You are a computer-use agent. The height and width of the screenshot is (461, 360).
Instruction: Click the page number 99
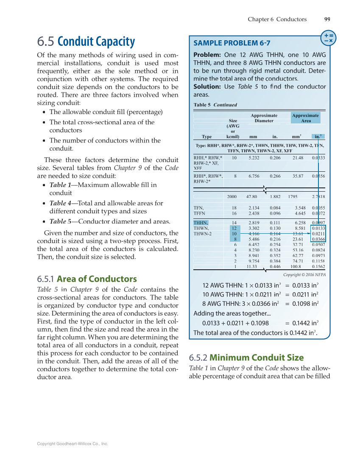(327, 19)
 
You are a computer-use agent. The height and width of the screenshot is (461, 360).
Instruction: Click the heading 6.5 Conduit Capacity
(86, 42)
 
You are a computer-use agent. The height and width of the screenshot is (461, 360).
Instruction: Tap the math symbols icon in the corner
(328, 38)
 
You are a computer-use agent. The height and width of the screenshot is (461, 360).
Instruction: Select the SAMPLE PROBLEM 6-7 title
(232, 43)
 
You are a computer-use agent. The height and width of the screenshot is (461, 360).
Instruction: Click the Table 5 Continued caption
(215, 105)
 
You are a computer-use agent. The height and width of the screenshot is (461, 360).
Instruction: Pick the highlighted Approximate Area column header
(305, 118)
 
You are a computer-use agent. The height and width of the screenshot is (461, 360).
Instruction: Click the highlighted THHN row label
(201, 223)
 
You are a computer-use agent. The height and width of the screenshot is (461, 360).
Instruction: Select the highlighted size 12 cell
(234, 228)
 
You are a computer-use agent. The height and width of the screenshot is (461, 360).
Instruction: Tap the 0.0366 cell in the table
(318, 239)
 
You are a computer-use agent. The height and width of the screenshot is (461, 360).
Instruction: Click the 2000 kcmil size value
(232, 197)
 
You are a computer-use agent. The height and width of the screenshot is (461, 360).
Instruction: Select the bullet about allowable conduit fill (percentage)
(106, 112)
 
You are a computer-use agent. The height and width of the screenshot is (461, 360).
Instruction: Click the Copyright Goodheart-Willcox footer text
(73, 444)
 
